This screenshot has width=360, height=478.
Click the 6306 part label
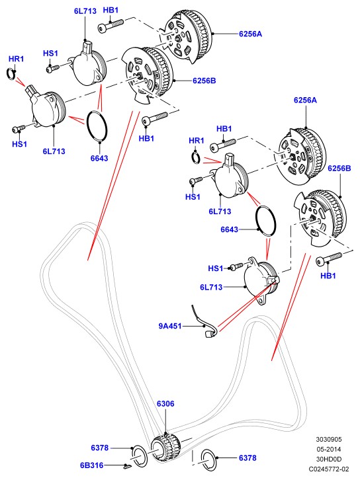pyautogui.click(x=165, y=403)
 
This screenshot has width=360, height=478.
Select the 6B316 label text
pyautogui.click(x=91, y=465)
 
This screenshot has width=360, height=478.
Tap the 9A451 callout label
pyautogui.click(x=169, y=326)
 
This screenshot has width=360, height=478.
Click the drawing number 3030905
pyautogui.click(x=329, y=439)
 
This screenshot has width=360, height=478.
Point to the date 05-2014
pyautogui.click(x=329, y=449)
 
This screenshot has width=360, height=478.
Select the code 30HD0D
pyautogui.click(x=329, y=459)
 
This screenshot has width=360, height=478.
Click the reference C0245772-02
pyautogui.click(x=329, y=469)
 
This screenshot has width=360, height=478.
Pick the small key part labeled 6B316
pyautogui.click(x=126, y=466)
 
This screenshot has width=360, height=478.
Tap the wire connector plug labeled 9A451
pyautogui.click(x=210, y=335)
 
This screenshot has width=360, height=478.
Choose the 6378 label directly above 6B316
pyautogui.click(x=99, y=448)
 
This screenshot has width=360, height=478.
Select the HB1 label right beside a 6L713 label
pyautogui.click(x=111, y=10)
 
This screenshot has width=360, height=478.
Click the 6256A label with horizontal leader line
pyautogui.click(x=250, y=34)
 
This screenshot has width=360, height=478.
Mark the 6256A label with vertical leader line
pyautogui.click(x=305, y=100)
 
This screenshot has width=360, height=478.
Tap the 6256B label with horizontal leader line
pyautogui.click(x=204, y=81)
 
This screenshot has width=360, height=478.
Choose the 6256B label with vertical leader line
pyautogui.click(x=339, y=168)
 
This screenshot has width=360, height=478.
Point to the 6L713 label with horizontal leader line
pyautogui.click(x=211, y=287)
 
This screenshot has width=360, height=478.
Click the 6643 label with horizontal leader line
pyautogui.click(x=229, y=229)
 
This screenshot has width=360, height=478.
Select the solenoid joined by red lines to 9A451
pyautogui.click(x=261, y=282)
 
